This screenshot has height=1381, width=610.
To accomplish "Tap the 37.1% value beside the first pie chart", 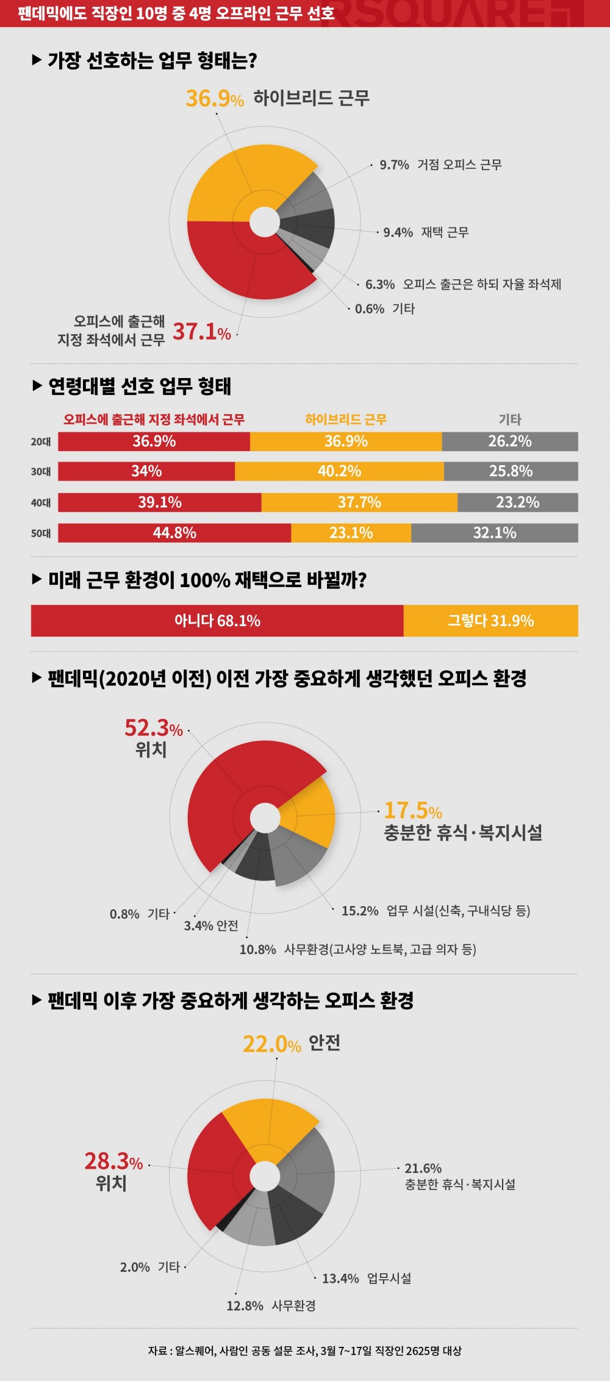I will [202, 332].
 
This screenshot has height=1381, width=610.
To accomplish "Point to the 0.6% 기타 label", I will [385, 309].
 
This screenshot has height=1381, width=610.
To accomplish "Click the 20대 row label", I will [41, 441].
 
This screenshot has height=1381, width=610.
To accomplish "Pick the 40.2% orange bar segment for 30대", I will [339, 471].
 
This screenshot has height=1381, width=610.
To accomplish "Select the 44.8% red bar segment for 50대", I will [174, 533].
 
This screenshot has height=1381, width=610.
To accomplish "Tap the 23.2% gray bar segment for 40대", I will [517, 502].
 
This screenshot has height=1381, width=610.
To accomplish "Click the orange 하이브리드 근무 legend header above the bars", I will [346, 419].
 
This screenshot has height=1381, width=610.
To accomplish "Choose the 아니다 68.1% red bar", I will [217, 621].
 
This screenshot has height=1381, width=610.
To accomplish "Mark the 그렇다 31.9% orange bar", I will [490, 621].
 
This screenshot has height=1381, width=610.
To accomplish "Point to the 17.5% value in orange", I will [412, 811].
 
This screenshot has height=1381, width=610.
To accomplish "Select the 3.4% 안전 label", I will [211, 926].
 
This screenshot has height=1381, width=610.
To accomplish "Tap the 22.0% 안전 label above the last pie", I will [291, 1043].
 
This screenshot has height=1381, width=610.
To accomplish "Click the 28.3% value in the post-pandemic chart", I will [113, 1162].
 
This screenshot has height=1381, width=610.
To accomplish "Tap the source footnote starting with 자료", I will [304, 1351].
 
